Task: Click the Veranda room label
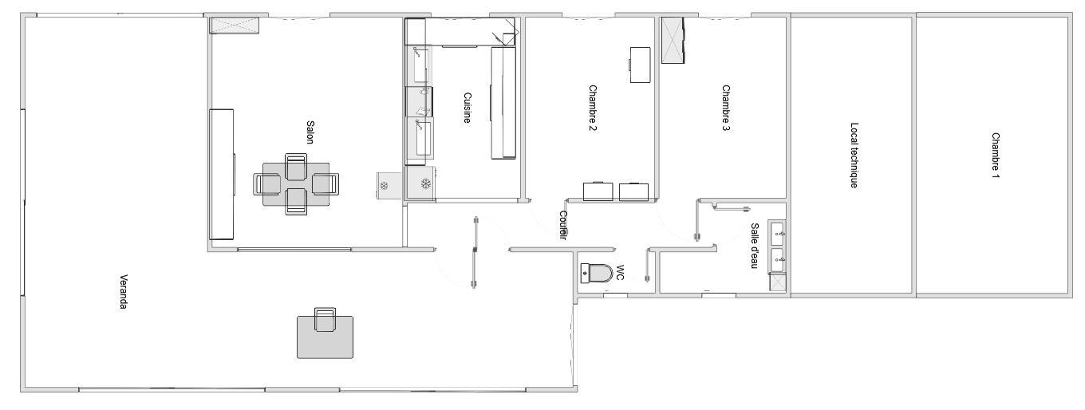pos(124,291)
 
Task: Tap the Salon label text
pos(310,132)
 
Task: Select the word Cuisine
pos(467,108)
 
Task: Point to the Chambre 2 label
pos(593,108)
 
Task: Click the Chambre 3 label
pos(726,108)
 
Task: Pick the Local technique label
pos(854,155)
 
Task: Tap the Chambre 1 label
pos(996,156)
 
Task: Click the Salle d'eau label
pos(754,246)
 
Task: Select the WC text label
pos(619,273)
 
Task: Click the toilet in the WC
pos(596,274)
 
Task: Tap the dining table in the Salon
pos(296,184)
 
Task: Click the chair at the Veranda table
pos(325,320)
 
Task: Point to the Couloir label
pos(563,225)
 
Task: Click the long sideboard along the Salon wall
pos(222,174)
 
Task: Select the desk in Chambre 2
pos(640,65)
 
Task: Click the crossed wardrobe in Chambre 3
pos(673,40)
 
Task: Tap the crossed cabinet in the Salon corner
pos(234,26)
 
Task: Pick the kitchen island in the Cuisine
pos(503,103)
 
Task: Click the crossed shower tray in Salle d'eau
pos(777,282)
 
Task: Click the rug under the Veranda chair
pos(325,337)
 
